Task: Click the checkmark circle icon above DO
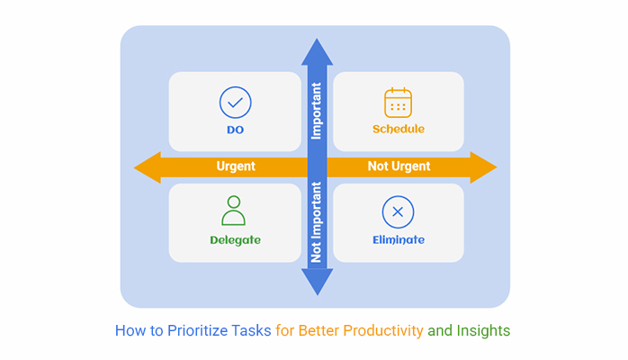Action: pos(235,103)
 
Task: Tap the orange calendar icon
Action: pos(398,103)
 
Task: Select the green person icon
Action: pos(234,211)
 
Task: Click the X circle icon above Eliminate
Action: pos(398,211)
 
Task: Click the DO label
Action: pos(235,130)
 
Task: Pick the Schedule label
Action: pos(399,130)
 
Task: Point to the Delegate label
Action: pos(235,240)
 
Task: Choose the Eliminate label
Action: pos(399,240)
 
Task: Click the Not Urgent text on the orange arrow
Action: pos(399,166)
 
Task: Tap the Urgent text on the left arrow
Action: pos(236,166)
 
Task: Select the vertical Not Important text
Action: pos(317,222)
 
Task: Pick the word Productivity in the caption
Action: pos(380,330)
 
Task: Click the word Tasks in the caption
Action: pos(252,330)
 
